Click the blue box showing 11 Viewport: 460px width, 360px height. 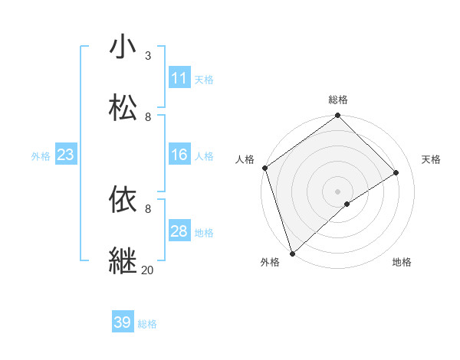179,78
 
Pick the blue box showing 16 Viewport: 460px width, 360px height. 179,155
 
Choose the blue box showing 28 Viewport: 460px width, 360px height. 179,231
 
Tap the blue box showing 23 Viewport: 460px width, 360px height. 65,155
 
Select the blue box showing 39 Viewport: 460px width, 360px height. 123,322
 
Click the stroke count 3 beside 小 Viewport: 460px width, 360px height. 148,56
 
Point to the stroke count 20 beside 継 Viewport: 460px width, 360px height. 147,270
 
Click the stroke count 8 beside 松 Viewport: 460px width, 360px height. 148,117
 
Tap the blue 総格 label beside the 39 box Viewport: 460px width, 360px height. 147,324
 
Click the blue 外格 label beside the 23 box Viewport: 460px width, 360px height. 41,156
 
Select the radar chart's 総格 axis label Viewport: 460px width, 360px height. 338,100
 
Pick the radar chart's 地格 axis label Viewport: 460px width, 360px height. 402,262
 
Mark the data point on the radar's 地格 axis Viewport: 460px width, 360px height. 347,204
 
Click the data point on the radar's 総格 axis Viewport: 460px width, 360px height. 337,116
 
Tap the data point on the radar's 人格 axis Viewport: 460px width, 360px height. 264,168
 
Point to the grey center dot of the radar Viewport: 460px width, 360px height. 337,191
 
